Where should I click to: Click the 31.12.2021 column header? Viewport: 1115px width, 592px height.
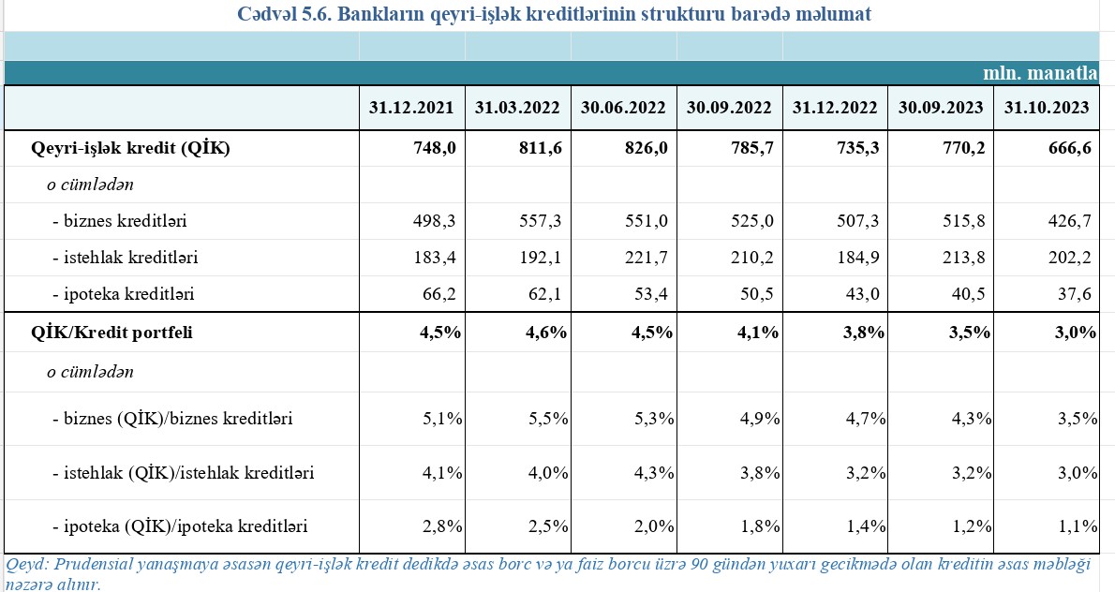411,108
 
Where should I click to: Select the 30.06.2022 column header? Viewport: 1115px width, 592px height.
624,108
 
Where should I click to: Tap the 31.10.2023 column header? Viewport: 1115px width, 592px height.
1047,108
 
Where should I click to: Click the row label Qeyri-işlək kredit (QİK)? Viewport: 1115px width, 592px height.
130,148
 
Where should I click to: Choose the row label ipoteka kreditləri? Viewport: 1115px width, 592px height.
128,294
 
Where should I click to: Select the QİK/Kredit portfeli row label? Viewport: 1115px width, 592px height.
112,333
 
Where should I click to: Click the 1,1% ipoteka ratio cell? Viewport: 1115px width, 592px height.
1077,526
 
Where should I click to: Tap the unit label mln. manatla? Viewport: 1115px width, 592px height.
1039,73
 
